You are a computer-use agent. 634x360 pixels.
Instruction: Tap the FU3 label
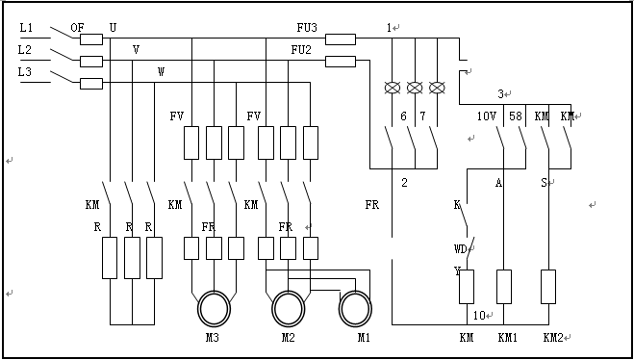[307, 28]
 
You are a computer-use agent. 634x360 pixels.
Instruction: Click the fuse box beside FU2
[341, 62]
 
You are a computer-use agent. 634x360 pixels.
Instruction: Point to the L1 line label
[26, 28]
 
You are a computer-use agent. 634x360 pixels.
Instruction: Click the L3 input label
[25, 72]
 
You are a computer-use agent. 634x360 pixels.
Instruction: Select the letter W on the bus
[161, 72]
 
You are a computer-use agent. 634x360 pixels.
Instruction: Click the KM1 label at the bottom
[507, 337]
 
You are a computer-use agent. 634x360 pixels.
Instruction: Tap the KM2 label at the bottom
[553, 337]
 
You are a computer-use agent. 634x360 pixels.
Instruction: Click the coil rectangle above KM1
[504, 287]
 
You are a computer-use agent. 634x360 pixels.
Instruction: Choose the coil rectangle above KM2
[548, 287]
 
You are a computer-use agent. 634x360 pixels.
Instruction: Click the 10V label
[487, 116]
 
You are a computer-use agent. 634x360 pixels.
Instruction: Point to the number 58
[516, 116]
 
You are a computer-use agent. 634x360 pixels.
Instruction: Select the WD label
[461, 249]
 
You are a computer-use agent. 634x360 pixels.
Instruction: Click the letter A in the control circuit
[499, 183]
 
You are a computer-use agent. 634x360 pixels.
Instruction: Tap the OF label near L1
[77, 28]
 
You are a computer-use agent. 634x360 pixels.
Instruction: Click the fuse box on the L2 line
[91, 62]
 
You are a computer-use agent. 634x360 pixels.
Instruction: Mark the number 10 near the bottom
[479, 316]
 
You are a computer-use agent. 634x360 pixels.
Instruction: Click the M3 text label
[213, 337]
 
